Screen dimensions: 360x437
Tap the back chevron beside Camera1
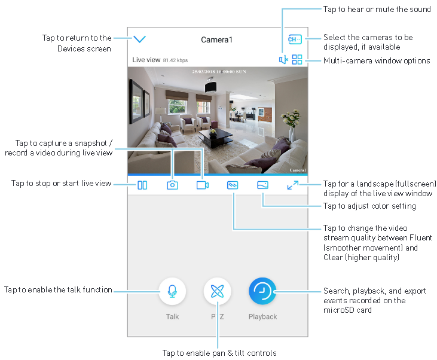[140, 39]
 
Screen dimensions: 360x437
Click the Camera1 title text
[216, 40]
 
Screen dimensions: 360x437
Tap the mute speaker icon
[283, 60]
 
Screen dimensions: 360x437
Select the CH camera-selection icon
[294, 39]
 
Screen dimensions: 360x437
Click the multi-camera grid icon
[297, 60]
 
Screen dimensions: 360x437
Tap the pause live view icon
[142, 185]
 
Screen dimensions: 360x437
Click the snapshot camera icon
[172, 185]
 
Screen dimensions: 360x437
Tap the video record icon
[203, 185]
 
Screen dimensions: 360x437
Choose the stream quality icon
[233, 185]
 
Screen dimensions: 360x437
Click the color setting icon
[263, 185]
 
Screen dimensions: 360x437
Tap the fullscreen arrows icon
[292, 185]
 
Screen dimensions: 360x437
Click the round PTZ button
[217, 291]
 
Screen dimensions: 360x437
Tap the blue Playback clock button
[262, 291]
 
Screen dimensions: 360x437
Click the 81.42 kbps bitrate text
[175, 60]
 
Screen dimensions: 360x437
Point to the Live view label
[146, 60]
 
